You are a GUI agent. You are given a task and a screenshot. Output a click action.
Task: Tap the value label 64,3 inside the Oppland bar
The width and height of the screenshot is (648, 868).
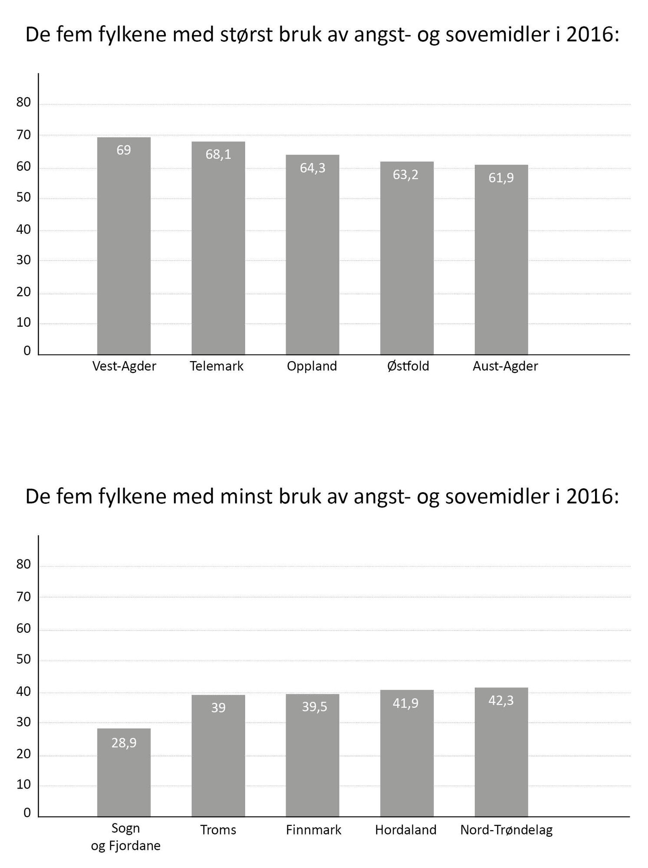(312, 168)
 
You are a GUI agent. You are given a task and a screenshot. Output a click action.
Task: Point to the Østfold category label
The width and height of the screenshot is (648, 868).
(408, 366)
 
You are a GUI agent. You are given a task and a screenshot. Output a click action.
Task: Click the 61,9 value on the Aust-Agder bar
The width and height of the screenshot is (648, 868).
(501, 178)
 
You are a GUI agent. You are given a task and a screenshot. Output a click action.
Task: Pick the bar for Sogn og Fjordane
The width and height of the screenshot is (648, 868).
(124, 777)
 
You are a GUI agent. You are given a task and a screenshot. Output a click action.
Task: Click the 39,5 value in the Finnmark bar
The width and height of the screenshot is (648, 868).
(314, 707)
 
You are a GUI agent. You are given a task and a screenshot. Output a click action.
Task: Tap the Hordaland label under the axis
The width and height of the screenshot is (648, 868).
(405, 830)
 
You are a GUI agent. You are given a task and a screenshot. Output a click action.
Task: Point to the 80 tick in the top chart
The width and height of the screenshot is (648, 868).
(24, 102)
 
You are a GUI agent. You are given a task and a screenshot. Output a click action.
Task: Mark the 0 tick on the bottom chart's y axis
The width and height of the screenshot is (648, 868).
(27, 812)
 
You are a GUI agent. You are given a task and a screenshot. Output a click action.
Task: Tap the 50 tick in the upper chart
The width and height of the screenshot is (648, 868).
(24, 197)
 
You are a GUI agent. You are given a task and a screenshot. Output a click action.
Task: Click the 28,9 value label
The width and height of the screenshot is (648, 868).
(124, 743)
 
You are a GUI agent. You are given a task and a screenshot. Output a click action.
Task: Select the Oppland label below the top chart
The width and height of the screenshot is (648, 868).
(312, 366)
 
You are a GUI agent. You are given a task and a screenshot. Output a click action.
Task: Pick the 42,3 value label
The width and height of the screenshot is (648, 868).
(501, 700)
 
